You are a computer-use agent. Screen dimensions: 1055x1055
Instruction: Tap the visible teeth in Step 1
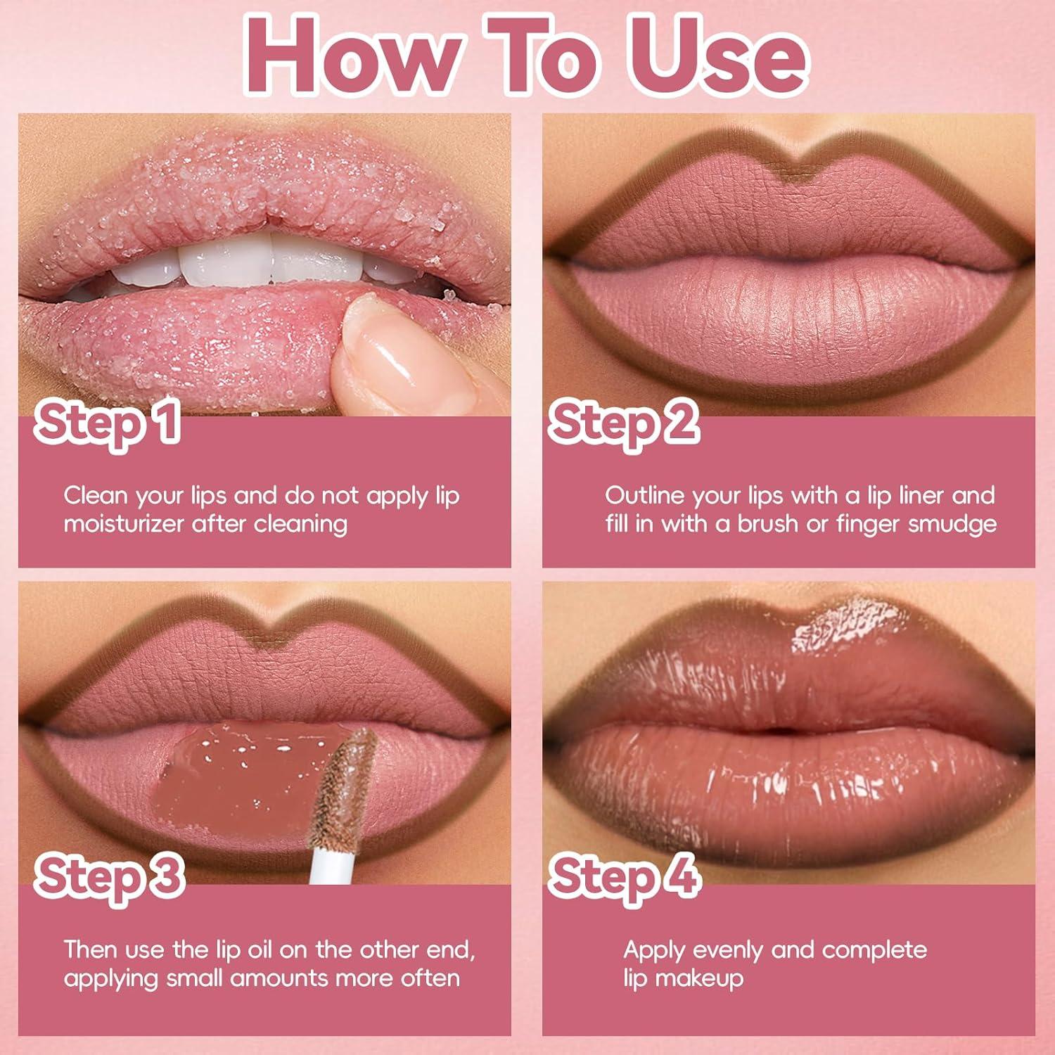225,264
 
